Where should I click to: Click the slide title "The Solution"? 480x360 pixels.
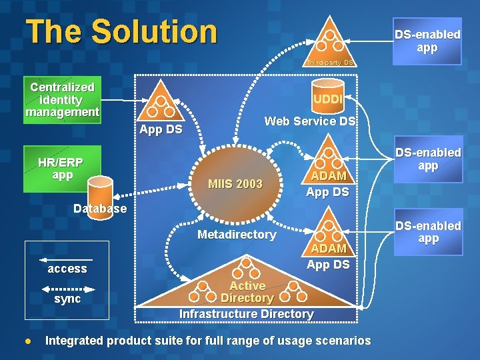coord(121,31)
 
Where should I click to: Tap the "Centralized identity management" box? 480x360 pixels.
coord(62,100)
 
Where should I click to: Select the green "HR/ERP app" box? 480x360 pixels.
coord(61,168)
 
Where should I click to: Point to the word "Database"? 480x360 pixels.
coord(100,209)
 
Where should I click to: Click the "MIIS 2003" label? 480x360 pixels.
coord(235,184)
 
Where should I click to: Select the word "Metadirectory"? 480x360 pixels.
coord(237,235)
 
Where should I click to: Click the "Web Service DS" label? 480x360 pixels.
coord(310,121)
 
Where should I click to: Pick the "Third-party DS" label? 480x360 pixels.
coord(329,63)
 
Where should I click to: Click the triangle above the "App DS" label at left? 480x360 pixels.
coord(160,103)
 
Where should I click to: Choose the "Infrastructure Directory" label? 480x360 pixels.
coord(247,314)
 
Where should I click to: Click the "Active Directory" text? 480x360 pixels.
coord(247,292)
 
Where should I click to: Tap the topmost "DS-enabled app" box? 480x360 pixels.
coord(427,41)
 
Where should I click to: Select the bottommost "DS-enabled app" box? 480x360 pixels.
coord(427,232)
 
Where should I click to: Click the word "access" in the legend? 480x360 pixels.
coord(67,269)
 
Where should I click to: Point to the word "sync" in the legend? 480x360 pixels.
coord(67,299)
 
